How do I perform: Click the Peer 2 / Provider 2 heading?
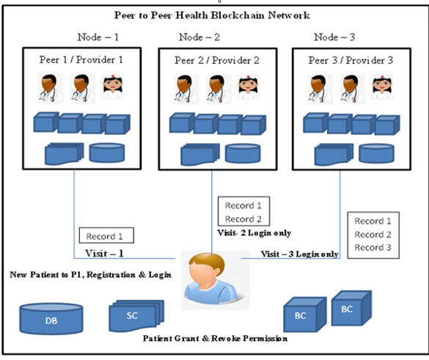[x=216, y=59]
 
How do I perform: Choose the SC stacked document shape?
[x=133, y=315]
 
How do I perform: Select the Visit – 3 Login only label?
[x=300, y=254]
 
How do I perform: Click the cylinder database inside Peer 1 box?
[x=107, y=152]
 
